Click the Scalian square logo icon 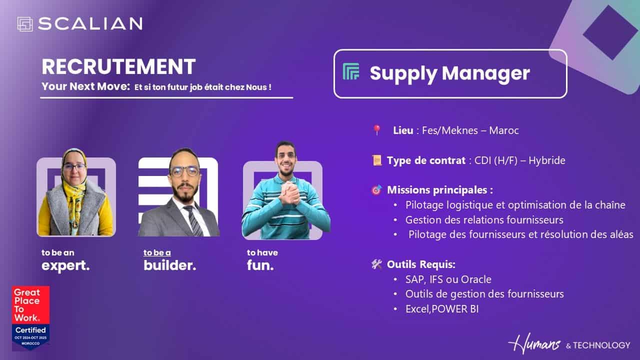[25, 24]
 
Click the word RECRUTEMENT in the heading [118, 66]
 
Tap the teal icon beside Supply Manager [351, 71]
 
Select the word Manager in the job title [485, 73]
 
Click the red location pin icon [377, 130]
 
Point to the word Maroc [503, 130]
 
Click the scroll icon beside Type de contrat [377, 160]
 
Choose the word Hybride [546, 160]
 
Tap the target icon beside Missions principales [376, 189]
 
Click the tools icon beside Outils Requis [376, 264]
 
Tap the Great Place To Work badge [30, 318]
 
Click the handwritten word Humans [534, 343]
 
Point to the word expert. [65, 265]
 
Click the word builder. [169, 265]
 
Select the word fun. [260, 265]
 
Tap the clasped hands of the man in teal [289, 192]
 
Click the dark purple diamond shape [610, 32]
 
